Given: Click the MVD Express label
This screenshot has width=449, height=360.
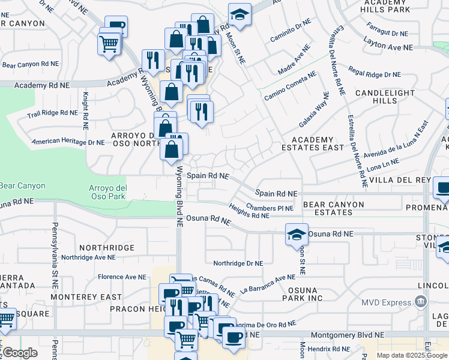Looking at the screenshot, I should click(x=389, y=302).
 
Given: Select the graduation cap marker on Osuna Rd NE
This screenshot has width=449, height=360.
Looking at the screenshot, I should click(x=297, y=234).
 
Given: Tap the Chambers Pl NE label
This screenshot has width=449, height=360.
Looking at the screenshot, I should click(x=270, y=208).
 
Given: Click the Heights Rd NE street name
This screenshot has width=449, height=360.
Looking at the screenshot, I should click(x=249, y=211).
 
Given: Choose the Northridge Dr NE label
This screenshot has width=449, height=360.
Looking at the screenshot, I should click(x=238, y=263).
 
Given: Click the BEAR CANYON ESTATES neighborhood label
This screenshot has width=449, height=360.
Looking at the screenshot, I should click(x=334, y=208).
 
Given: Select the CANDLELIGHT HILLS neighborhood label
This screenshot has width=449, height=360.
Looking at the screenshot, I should click(x=385, y=97).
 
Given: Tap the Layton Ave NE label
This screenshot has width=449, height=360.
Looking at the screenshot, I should click(x=388, y=46).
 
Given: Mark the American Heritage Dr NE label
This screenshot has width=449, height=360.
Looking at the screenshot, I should click(x=68, y=142).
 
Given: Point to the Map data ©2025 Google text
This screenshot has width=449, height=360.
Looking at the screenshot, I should click(x=412, y=355).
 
